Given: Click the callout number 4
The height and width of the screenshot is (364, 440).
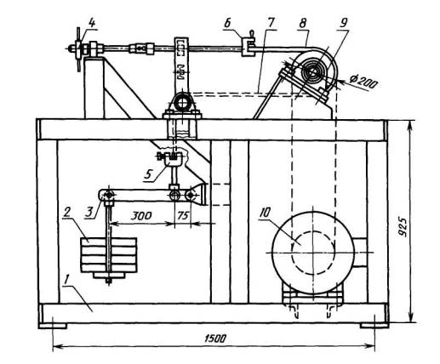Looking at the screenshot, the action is point(92,23).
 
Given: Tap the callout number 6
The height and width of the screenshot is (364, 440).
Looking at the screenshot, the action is point(228,24).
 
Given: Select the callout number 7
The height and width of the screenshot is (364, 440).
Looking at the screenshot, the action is point(271,23).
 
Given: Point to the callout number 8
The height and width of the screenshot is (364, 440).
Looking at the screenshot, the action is point(302,23).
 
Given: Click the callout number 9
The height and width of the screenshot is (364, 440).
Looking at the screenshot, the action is point(343,23).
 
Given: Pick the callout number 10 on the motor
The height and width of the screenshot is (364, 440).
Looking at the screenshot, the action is point(265,213).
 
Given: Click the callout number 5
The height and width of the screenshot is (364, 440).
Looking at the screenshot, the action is point(148,174).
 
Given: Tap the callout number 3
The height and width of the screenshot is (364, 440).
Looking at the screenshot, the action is point(90,213).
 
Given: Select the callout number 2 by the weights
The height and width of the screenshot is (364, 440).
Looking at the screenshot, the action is point(66,213).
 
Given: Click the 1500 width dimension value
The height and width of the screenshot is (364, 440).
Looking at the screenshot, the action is point(215,338).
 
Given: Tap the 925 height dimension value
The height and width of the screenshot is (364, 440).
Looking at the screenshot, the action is point(402,227).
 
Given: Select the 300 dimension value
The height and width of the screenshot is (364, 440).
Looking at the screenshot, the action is point(141,216).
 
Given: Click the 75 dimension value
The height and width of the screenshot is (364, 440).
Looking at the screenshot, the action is point(183,216).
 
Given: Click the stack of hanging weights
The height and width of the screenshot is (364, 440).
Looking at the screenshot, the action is point(109,258).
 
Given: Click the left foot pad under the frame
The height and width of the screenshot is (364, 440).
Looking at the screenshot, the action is point(53,326).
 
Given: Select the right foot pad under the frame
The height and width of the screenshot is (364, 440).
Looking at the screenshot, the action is point(374,326).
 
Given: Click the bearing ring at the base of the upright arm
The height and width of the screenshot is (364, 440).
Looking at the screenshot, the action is point(182,102).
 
